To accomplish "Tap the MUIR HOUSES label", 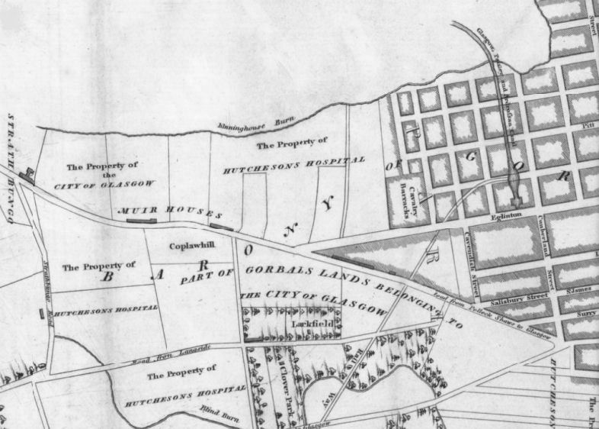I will pos(171,210).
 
